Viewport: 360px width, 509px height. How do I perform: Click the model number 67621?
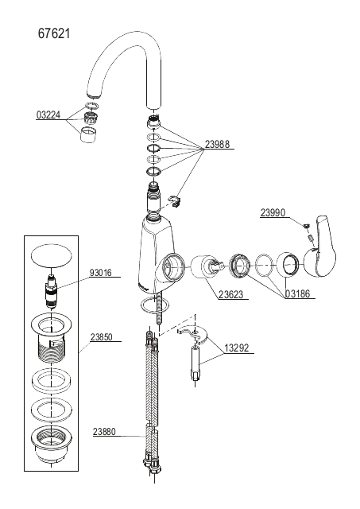point(54,33)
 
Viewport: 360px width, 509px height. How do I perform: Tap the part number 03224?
point(48,115)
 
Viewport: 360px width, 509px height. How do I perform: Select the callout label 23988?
point(217,144)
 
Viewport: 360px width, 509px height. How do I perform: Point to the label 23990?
point(273,212)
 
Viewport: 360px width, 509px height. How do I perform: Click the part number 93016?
point(101,272)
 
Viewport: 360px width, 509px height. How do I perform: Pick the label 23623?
point(230,294)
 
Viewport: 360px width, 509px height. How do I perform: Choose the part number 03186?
point(298,293)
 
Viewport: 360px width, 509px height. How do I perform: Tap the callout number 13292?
point(237,348)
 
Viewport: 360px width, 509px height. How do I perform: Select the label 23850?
point(102,337)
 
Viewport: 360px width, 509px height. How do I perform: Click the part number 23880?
point(104,432)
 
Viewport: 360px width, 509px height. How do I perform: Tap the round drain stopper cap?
point(52,255)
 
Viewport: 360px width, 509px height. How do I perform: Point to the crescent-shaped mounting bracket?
point(195,334)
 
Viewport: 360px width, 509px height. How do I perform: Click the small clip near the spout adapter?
point(174,201)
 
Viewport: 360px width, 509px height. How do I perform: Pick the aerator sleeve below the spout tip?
point(88,134)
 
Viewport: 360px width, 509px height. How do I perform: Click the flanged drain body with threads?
point(52,338)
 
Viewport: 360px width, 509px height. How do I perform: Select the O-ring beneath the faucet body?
point(155,305)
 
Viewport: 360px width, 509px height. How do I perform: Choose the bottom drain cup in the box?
point(52,443)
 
